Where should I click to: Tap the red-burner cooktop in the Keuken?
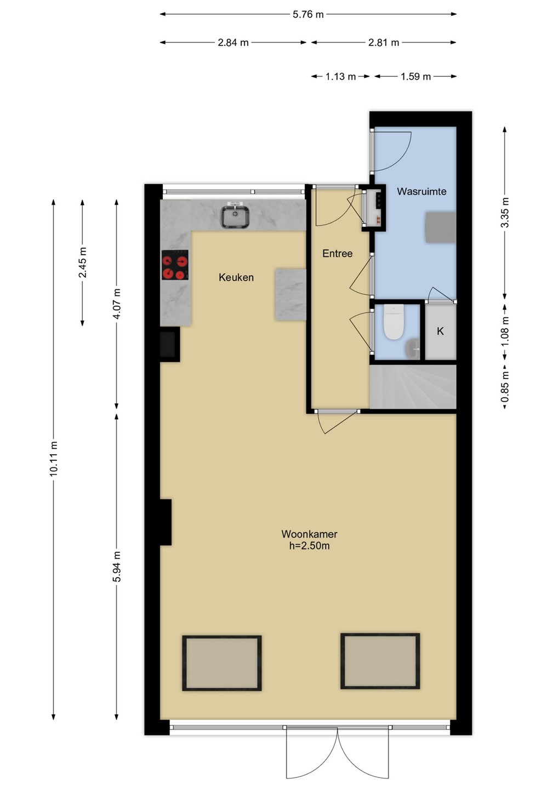tap(175, 265)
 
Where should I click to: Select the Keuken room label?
tap(236, 278)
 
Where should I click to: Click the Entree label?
tap(337, 254)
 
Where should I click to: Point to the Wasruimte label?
tap(422, 192)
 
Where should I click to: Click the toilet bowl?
tap(394, 322)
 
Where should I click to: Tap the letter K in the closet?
tap(440, 331)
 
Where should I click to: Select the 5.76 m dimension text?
tap(308, 14)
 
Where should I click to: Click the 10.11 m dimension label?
tap(54, 459)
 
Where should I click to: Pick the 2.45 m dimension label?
tap(82, 262)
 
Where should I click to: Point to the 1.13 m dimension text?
tap(340, 77)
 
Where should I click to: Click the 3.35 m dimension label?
tap(505, 213)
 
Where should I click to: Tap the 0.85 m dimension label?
tap(505, 386)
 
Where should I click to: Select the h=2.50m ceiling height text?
tap(309, 546)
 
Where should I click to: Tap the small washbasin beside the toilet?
tap(412, 348)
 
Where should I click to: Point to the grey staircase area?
tap(413, 387)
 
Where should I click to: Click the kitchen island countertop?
tap(291, 294)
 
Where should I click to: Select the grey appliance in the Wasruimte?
tap(441, 227)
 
